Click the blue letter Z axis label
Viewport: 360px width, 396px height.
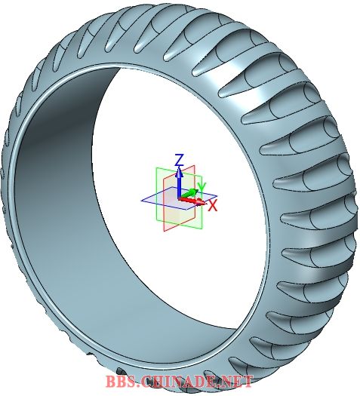pos(179,160)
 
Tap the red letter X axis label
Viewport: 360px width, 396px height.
pos(213,206)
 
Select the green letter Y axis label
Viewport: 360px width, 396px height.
pos(202,187)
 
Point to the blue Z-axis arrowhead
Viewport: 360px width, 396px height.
pos(179,172)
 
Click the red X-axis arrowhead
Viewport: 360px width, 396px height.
pos(201,201)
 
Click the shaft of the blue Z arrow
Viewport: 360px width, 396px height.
pos(179,187)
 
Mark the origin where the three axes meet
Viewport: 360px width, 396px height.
pos(180,198)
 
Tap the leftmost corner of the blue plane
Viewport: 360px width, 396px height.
pos(141,201)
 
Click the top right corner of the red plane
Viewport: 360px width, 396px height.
pos(195,165)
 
